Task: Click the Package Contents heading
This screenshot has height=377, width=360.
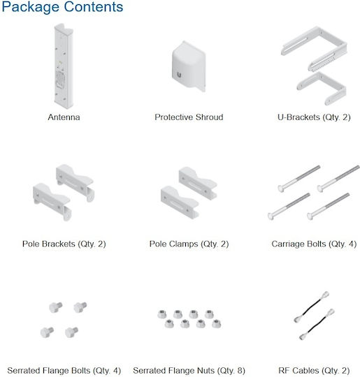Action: click(62, 7)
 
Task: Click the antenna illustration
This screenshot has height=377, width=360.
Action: click(64, 66)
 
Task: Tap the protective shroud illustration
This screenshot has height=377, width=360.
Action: click(189, 66)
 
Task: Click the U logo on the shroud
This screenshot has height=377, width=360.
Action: click(179, 75)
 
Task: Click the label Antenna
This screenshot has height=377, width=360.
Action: click(64, 117)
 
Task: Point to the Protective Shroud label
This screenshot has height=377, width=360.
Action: click(189, 117)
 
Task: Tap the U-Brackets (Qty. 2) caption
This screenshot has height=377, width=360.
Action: click(314, 117)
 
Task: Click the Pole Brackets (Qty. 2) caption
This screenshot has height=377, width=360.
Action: click(64, 244)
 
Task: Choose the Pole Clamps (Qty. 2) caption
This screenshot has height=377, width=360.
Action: click(189, 244)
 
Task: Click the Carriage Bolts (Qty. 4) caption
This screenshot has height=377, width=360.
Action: click(314, 244)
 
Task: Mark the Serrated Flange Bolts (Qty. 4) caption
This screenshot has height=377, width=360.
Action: click(64, 371)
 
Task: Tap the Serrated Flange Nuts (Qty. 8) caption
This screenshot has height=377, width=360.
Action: click(189, 371)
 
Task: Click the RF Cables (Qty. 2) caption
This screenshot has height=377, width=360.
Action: click(314, 371)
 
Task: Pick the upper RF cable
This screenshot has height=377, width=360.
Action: click(311, 306)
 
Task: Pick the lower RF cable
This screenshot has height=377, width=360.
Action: click(317, 324)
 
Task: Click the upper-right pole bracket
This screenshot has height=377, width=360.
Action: click(75, 182)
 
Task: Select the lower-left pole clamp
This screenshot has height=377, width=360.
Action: click(180, 202)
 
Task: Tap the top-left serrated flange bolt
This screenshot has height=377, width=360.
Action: click(55, 307)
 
